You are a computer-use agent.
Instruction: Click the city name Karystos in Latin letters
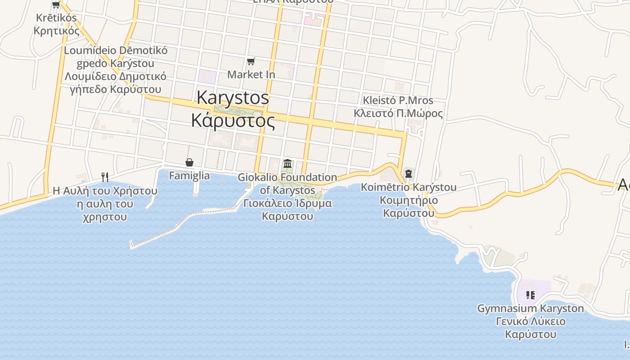(x=233, y=98)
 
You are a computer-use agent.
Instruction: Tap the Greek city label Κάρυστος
(x=233, y=121)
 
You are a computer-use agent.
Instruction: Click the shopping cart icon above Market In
(x=251, y=61)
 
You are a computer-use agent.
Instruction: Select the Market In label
(x=251, y=74)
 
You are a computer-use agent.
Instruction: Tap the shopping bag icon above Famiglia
(x=189, y=162)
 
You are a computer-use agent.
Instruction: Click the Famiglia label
(x=189, y=175)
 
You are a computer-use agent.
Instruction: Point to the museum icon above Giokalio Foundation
(x=288, y=163)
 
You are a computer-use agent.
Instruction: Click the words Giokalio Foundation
(x=288, y=177)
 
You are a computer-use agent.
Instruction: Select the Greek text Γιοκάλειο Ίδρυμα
(x=288, y=203)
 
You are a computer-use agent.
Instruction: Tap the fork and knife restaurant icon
(x=105, y=177)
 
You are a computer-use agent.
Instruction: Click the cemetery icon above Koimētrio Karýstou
(x=409, y=174)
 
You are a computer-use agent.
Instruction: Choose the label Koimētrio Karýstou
(x=409, y=187)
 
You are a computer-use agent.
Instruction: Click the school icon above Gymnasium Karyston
(x=531, y=295)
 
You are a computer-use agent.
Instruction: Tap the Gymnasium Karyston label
(x=531, y=309)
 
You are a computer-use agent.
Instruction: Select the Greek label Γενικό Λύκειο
(x=531, y=321)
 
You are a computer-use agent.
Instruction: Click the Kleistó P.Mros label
(x=398, y=100)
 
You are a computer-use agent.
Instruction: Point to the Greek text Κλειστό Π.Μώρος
(x=398, y=113)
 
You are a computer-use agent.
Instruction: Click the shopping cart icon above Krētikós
(x=56, y=5)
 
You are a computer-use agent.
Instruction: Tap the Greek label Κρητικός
(x=57, y=31)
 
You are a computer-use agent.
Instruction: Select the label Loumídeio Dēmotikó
(x=116, y=50)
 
